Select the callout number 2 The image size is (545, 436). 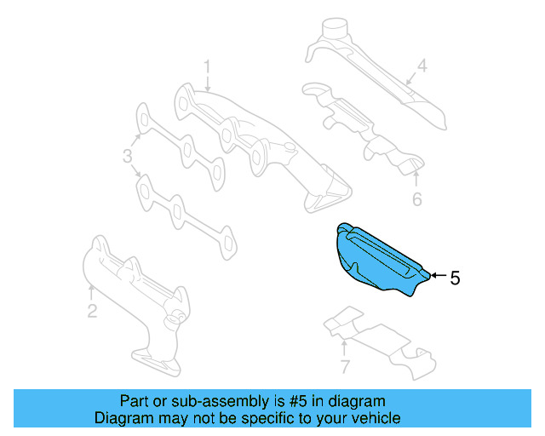click(x=92, y=311)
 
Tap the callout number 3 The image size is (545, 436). click(x=127, y=156)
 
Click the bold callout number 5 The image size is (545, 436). click(x=455, y=277)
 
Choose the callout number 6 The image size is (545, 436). click(x=416, y=200)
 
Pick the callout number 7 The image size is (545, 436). click(x=344, y=368)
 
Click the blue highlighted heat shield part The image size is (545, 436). click(x=375, y=260)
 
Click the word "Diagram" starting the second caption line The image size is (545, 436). click(x=123, y=418)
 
